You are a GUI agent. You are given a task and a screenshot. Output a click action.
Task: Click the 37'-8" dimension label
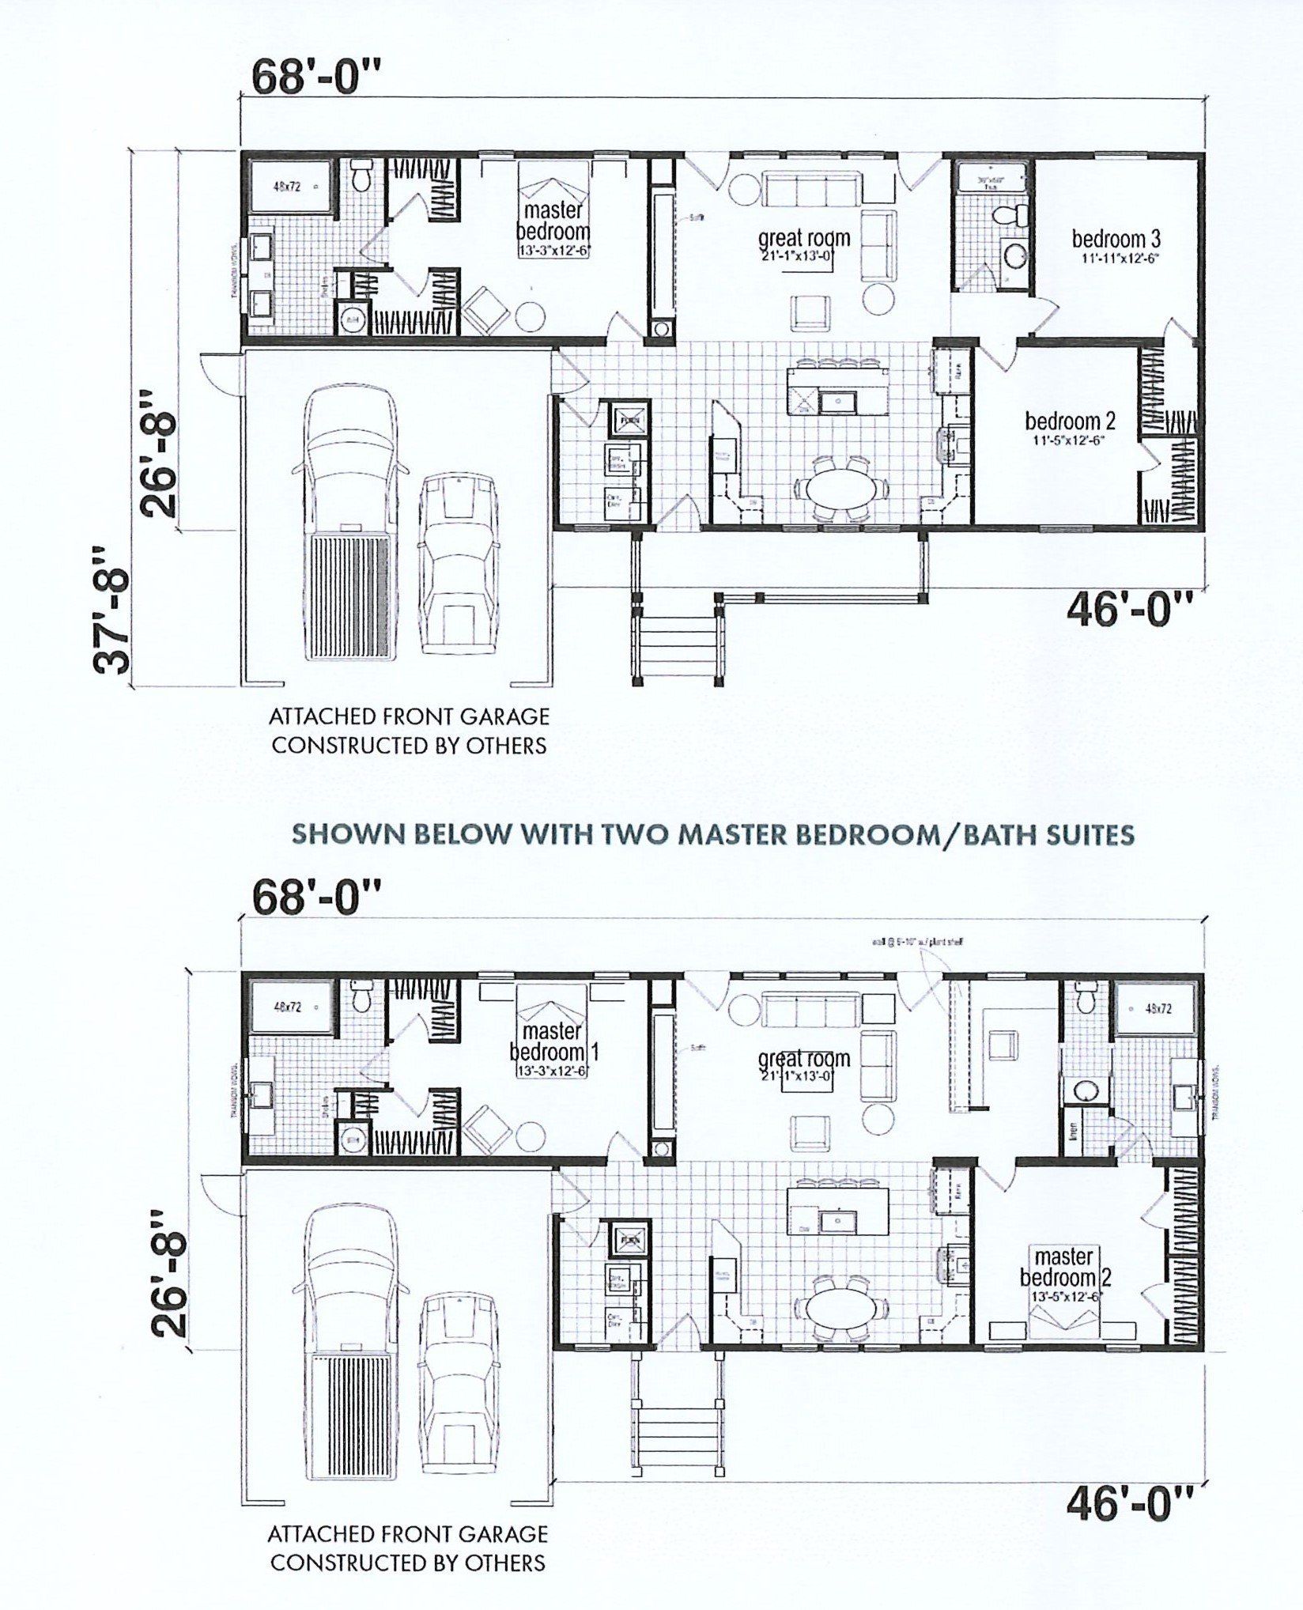[x=111, y=609]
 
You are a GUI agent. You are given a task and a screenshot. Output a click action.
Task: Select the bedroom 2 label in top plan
[x=1069, y=421]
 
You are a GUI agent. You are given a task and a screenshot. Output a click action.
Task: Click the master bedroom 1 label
[x=553, y=1042]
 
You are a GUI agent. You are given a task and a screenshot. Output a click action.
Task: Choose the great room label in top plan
[x=804, y=237]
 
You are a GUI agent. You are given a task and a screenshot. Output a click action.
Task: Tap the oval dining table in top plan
[x=841, y=488]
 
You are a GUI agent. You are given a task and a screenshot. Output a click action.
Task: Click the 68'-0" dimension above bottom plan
[x=317, y=898]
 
